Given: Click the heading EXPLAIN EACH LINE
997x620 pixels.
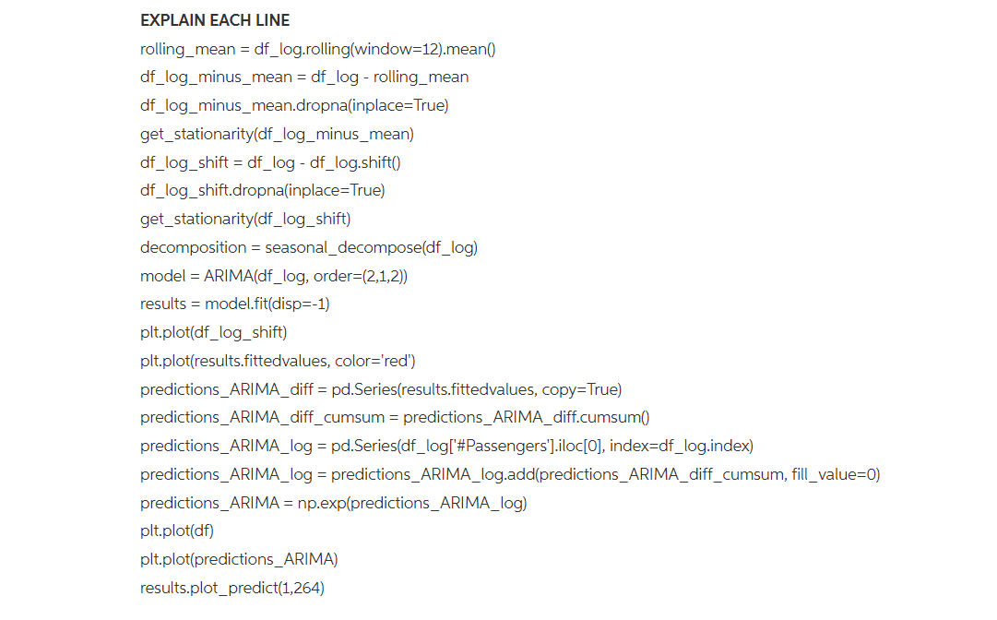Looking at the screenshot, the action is tap(215, 20).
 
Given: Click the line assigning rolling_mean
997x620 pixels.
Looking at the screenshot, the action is tap(318, 49).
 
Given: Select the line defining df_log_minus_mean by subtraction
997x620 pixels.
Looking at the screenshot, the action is tap(304, 77).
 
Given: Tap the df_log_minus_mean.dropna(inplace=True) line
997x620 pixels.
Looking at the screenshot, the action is tap(294, 105).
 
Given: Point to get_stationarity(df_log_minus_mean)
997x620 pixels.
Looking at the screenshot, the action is tap(277, 134).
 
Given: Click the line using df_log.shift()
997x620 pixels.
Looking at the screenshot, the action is tap(270, 162).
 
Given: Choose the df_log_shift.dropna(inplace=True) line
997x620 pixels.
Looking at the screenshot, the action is tap(263, 191).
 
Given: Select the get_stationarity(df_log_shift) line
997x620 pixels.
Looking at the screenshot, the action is tap(245, 219).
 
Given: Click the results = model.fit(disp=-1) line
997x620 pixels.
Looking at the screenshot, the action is tap(234, 304).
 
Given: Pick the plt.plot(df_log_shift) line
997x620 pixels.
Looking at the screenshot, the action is tap(214, 332).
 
